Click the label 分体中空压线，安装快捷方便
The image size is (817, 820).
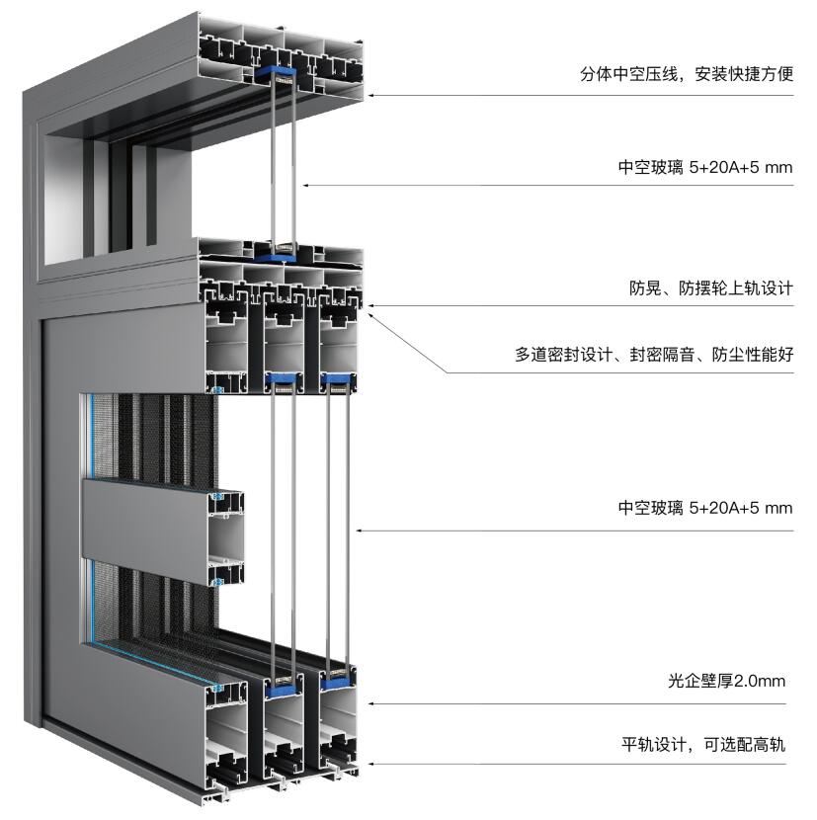click(687, 74)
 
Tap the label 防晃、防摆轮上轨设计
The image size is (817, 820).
click(711, 288)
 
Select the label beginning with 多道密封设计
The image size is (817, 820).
click(654, 355)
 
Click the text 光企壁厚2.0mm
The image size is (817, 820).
click(726, 681)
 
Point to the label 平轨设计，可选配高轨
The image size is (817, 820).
click(703, 744)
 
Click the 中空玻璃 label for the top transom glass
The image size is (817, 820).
click(705, 167)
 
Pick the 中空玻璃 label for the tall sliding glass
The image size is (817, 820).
click(705, 508)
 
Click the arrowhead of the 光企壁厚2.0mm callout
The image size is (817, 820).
click(370, 703)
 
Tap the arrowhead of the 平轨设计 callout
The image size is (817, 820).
click(370, 764)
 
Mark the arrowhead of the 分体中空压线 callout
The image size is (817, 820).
click(370, 96)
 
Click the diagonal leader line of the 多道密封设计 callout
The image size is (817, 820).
click(408, 343)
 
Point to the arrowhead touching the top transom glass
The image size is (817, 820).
click(305, 185)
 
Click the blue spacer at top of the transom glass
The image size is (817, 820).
click(276, 73)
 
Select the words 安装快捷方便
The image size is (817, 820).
click(744, 74)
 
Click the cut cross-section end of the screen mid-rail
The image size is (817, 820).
click(226, 538)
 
